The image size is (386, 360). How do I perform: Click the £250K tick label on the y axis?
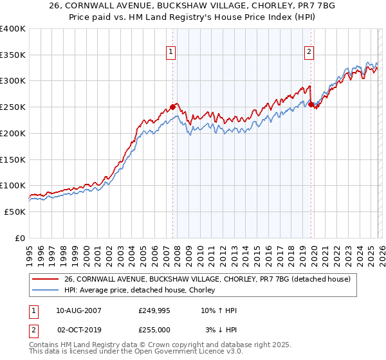[12, 107]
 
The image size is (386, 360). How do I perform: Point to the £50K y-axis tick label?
[14, 212]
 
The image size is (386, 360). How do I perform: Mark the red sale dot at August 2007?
[172, 107]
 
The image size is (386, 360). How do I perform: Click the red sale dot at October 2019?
[311, 104]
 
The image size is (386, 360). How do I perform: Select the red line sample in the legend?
[46, 280]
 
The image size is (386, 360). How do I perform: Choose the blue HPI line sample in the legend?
[46, 291]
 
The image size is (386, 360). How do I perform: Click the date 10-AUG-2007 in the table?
[79, 310]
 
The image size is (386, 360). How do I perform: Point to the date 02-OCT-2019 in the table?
[79, 329]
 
